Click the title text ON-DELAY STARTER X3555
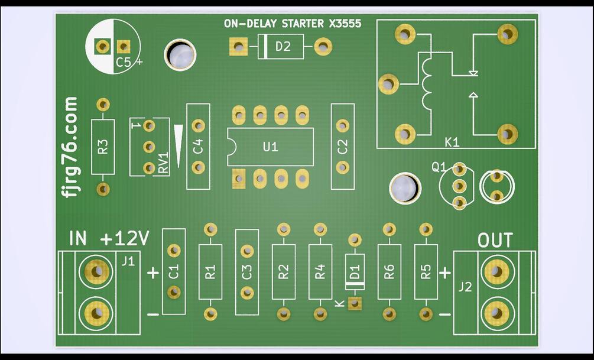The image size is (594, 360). click(x=292, y=24)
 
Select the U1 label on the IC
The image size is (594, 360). click(x=270, y=147)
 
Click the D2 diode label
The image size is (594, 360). click(x=283, y=47)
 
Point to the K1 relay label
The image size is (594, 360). click(x=452, y=142)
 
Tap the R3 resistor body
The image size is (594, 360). click(x=103, y=147)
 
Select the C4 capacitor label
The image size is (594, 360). click(x=198, y=147)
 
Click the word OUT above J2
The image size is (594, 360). click(x=495, y=241)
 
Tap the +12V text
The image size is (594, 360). click(x=125, y=239)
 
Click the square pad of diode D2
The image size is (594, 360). click(x=238, y=46)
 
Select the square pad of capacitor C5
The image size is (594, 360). click(x=123, y=46)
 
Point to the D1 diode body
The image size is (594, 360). click(x=355, y=273)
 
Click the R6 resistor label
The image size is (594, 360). click(x=388, y=272)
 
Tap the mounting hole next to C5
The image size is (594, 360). click(x=181, y=55)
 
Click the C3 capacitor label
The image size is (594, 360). click(x=247, y=272)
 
